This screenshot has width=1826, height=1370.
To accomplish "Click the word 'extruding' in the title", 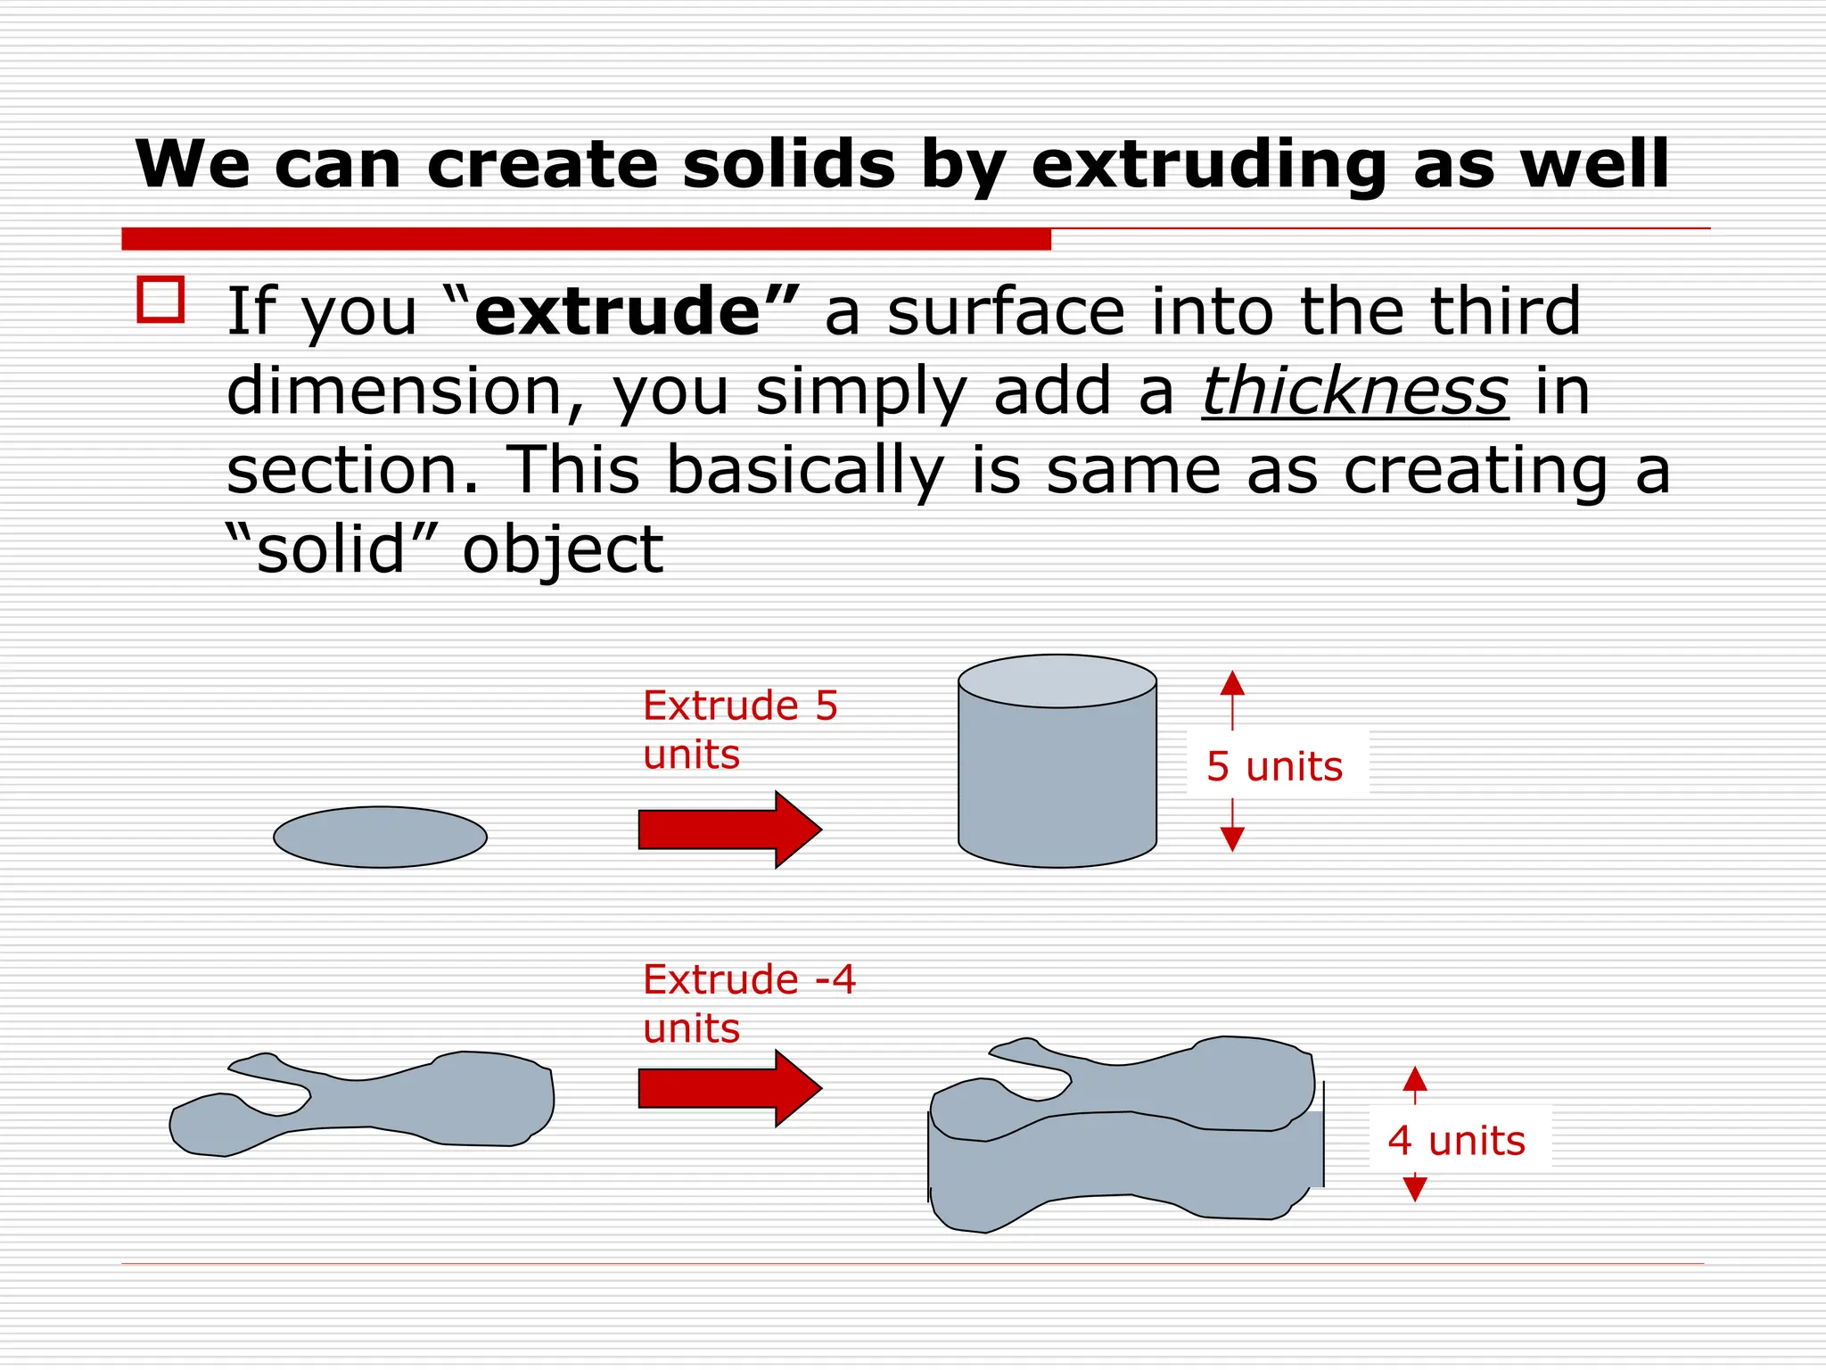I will coord(1208,167).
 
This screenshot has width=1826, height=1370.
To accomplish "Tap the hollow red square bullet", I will coord(160,299).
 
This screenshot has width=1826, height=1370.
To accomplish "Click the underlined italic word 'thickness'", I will coord(1354,392).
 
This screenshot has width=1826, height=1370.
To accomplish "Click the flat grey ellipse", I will coord(380,837).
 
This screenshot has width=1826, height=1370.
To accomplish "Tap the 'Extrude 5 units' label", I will coord(739,730).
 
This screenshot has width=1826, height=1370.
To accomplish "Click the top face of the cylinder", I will coord(1057,681).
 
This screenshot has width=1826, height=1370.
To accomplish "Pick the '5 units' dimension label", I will coord(1274,766).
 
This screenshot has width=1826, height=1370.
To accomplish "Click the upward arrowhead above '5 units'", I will coord(1232,684).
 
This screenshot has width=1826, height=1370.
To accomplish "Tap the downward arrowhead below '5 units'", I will coord(1232,838).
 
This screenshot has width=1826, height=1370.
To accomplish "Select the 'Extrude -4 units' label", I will coord(748,1003).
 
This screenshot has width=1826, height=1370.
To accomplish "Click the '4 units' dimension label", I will coord(1457,1141).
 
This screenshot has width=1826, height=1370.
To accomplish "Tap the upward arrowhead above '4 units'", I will coord(1415,1079).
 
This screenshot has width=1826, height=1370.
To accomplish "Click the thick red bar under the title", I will coord(586,239).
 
